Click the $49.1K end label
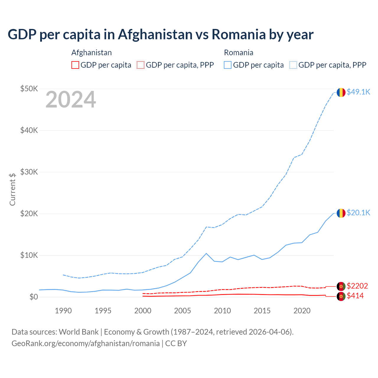click(358, 92)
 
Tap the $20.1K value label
click(358, 213)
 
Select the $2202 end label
click(357, 286)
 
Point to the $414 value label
click(355, 296)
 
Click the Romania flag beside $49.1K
click(341, 92)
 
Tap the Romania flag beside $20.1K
click(341, 213)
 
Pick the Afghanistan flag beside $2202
click(341, 286)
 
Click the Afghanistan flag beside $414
click(341, 296)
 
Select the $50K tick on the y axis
click(29, 89)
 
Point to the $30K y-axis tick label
click(29, 172)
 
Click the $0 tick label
click(34, 297)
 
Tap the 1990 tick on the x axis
click(63, 311)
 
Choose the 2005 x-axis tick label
click(183, 311)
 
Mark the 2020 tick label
click(302, 311)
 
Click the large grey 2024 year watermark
click(71, 100)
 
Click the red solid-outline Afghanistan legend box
click(75, 65)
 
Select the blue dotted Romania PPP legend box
click(293, 65)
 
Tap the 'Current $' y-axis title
click(12, 189)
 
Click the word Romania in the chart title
click(239, 35)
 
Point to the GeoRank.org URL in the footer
click(86, 343)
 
